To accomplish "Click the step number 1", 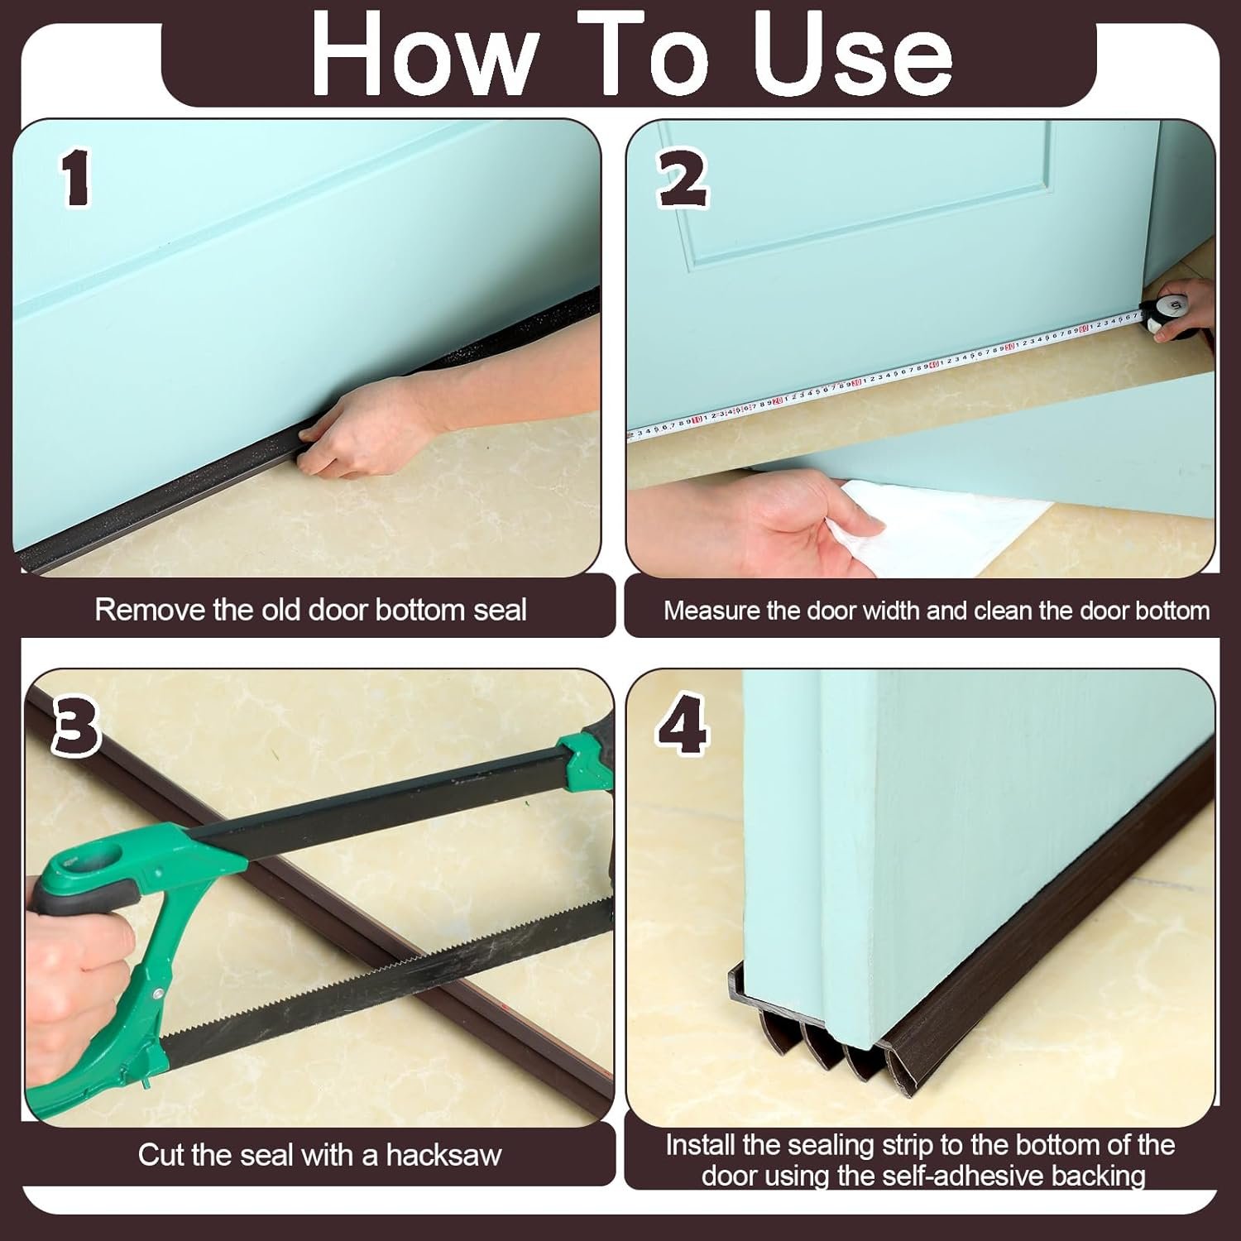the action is coord(76,179).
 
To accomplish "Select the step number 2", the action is coord(683,180).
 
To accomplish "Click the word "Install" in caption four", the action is coord(701,1146).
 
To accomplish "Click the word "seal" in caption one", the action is coord(500,610).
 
